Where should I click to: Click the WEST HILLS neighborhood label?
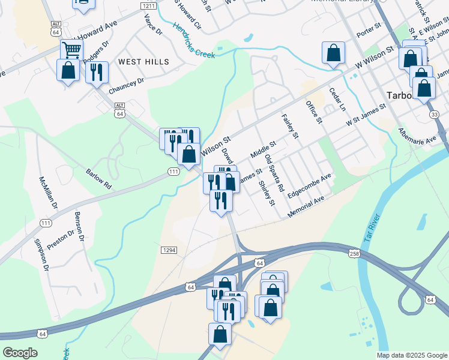(x=143, y=62)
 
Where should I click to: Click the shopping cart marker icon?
(x=71, y=50)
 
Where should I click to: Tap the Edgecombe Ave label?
(x=309, y=187)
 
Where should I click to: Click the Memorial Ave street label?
(x=306, y=206)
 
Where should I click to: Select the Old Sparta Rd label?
(x=274, y=173)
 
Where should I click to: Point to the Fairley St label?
(x=290, y=126)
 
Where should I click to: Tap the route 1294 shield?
(x=168, y=249)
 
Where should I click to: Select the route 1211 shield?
(x=149, y=5)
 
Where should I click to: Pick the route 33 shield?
(x=434, y=114)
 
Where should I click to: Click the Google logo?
(x=20, y=353)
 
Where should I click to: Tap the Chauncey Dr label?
(x=127, y=86)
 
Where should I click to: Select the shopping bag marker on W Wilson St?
(x=333, y=52)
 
